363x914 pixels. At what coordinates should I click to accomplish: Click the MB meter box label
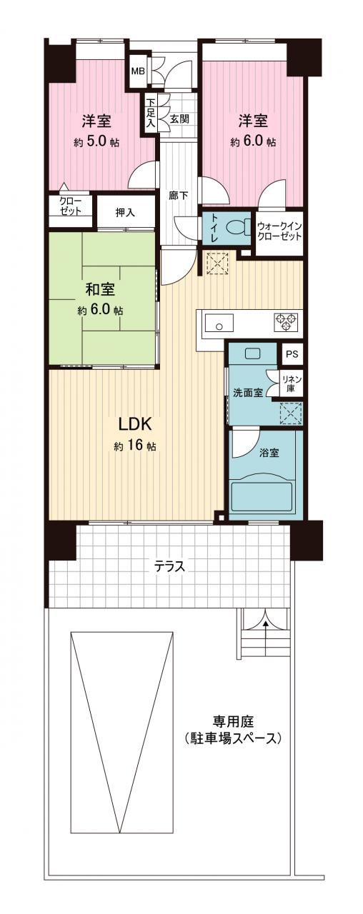(138, 71)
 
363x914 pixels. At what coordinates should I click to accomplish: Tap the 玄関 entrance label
(179, 119)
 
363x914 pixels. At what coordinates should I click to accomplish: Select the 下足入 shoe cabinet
(151, 112)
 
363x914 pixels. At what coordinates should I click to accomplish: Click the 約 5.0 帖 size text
(96, 141)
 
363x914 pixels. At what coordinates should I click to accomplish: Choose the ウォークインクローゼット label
(279, 231)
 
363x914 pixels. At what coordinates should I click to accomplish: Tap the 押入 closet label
(125, 213)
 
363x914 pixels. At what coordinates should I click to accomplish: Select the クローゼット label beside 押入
(70, 206)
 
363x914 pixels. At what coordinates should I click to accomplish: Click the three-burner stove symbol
(285, 321)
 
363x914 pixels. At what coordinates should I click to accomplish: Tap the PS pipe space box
(292, 353)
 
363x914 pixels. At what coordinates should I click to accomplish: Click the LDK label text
(135, 424)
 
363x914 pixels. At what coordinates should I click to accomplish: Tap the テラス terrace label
(169, 566)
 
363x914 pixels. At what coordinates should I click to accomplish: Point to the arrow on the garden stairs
(266, 641)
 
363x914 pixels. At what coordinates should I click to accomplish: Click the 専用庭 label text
(233, 721)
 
